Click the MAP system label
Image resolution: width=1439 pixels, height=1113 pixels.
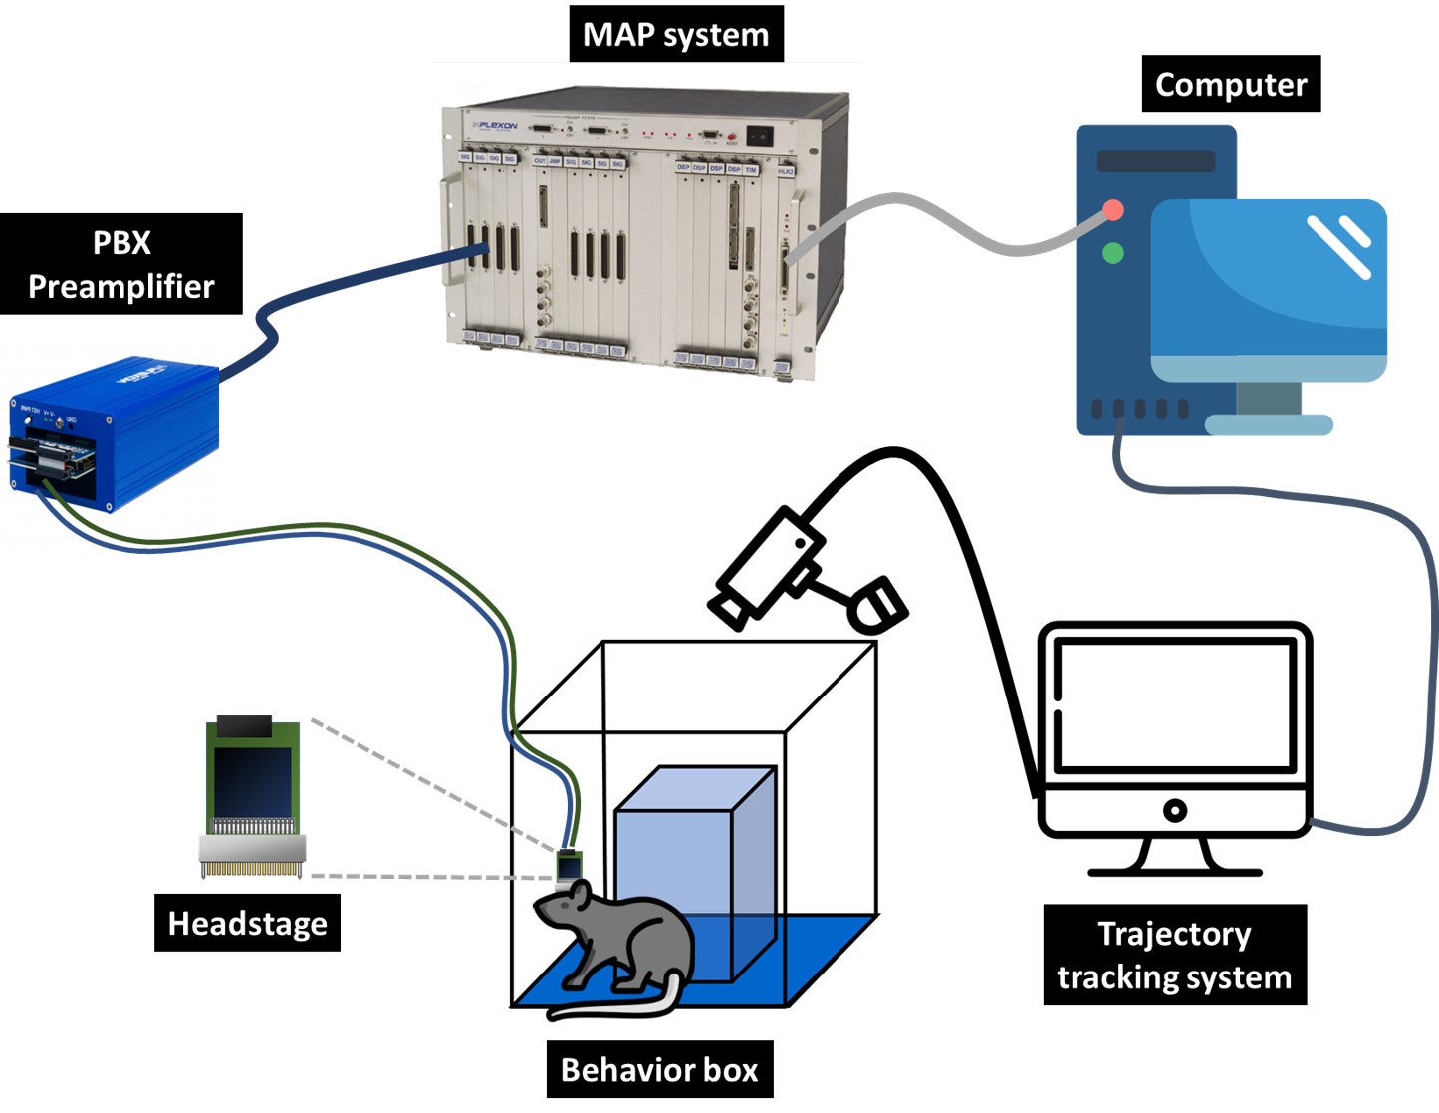[675, 35]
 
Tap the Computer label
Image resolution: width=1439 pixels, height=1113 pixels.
[1230, 85]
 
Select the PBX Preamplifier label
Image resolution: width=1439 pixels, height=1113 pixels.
[120, 264]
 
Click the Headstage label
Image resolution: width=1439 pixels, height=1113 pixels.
[247, 923]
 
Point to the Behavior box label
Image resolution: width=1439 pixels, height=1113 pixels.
[659, 1069]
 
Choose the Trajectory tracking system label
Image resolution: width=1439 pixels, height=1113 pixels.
[1174, 955]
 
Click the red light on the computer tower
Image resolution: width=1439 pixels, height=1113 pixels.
[1113, 210]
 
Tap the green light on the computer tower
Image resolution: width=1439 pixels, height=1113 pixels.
[1113, 253]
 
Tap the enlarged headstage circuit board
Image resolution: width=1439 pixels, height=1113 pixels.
[253, 797]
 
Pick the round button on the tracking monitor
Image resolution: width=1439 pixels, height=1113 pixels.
[1175, 810]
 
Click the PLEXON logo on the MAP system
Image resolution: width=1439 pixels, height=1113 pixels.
[495, 126]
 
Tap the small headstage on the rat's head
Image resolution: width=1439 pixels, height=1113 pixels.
[569, 868]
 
